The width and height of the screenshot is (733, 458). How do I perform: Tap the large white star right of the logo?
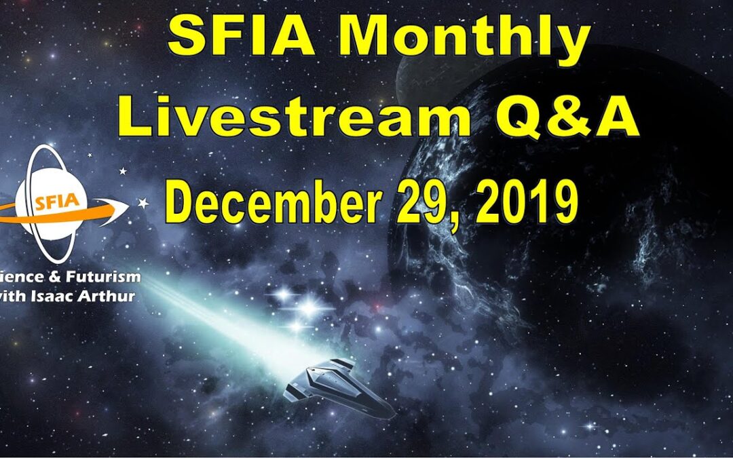tap(143, 203)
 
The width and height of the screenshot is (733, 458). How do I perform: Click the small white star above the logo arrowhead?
tap(122, 172)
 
